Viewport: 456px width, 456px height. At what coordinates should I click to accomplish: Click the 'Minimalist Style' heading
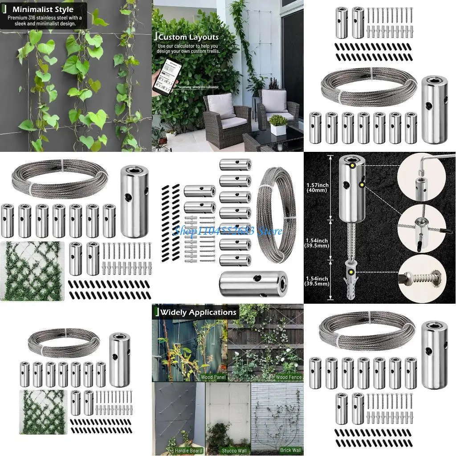[x=43, y=9]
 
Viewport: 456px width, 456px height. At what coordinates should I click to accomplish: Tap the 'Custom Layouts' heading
[x=188, y=37]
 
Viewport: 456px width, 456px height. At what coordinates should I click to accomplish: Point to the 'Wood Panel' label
[x=213, y=377]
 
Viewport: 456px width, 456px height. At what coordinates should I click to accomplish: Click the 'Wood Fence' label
[x=289, y=377]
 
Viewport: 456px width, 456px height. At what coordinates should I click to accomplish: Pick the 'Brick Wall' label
[x=291, y=450]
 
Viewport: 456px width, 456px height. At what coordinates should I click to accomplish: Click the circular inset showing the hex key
[x=425, y=178]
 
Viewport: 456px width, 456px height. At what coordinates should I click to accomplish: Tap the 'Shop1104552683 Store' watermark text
[x=228, y=231]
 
